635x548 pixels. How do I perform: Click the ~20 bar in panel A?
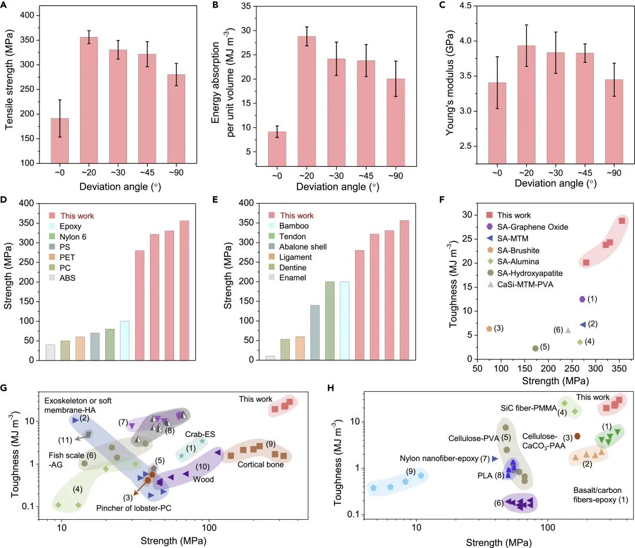tap(89, 100)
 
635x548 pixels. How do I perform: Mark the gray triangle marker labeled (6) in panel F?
tap(567, 330)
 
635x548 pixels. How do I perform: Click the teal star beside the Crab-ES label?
tap(202, 441)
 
